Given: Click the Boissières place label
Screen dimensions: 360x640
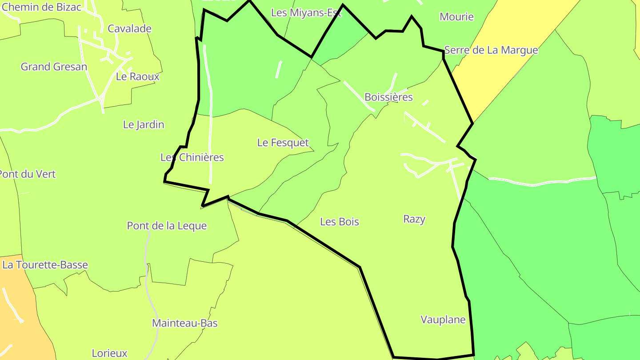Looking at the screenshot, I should pos(388,97).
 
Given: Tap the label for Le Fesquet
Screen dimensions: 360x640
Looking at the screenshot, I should pos(283,143).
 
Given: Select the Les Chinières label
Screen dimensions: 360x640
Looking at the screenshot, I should pos(192,157).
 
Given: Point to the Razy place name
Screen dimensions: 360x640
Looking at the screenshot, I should pos(414,219).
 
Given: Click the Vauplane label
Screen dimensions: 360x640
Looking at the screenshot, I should pos(443,320).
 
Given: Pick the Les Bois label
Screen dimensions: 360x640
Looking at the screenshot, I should pos(339,222).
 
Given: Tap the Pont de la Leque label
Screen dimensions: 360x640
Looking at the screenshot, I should pos(167,226).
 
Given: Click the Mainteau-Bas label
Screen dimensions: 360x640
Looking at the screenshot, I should pos(185,323).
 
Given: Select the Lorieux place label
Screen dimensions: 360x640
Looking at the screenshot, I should pos(109,353).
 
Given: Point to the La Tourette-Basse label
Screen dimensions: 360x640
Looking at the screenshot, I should pos(45,265).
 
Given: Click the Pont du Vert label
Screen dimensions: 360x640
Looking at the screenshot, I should pos(28,174).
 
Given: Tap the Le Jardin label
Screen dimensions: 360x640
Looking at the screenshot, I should pos(144,124).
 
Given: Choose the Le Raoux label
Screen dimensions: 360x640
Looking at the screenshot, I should pos(137,76).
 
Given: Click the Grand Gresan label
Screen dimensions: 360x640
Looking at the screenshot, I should pos(54,67).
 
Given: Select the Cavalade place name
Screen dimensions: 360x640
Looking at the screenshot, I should pos(129,29).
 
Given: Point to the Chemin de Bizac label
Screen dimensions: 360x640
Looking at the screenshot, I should pos(41,7).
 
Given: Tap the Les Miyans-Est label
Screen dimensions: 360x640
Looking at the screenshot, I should pos(306,13).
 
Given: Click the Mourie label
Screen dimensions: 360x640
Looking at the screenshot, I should pos(456,17).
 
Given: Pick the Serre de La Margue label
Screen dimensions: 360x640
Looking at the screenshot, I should pos(491,50).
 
